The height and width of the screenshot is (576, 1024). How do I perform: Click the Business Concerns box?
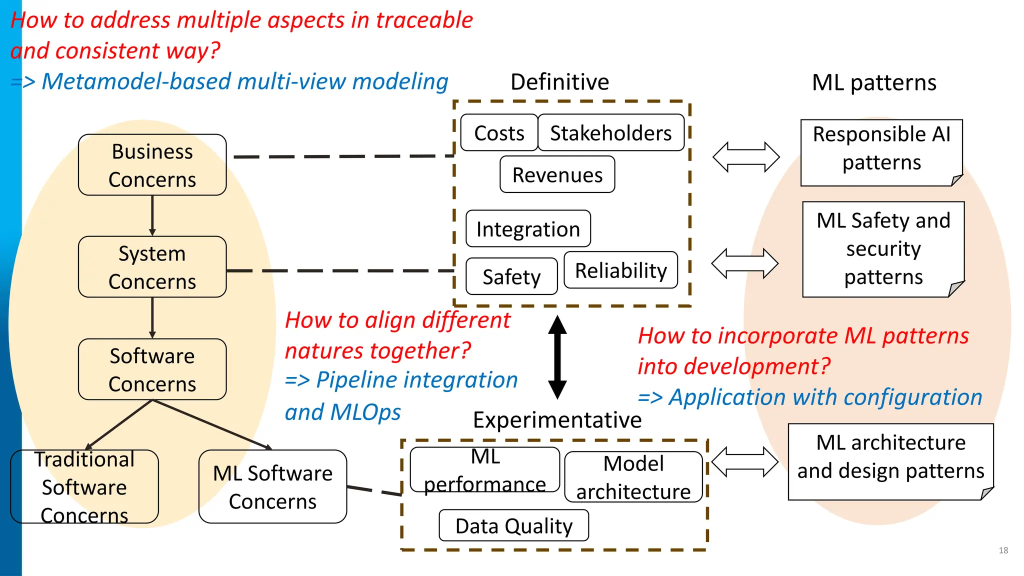(152, 165)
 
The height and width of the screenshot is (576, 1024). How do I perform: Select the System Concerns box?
(152, 267)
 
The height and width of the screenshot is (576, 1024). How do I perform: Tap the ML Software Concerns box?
(272, 486)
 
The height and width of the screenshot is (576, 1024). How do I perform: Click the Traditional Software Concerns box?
(84, 486)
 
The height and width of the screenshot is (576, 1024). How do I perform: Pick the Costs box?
(499, 133)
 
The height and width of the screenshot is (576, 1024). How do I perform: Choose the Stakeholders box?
(610, 133)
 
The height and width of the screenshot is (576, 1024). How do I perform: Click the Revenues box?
(557, 174)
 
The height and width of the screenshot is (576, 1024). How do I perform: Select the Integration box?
(528, 229)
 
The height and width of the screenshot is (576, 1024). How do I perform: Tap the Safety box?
(511, 276)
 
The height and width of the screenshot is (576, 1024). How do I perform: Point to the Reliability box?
(620, 270)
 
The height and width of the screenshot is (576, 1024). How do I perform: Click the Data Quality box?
(513, 525)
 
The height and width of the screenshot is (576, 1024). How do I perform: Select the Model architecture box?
(633, 477)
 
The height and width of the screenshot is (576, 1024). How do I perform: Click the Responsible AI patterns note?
(881, 152)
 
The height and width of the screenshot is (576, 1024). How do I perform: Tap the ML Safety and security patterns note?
(883, 249)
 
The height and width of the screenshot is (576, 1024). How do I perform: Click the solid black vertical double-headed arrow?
(557, 357)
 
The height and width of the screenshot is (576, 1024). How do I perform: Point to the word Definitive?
(559, 82)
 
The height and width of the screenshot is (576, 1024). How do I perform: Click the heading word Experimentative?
(557, 419)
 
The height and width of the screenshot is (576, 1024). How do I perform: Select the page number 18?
(1003, 550)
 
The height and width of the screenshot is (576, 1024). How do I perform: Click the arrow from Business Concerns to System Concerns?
(152, 215)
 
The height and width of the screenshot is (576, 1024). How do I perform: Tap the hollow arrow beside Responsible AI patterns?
(745, 157)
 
